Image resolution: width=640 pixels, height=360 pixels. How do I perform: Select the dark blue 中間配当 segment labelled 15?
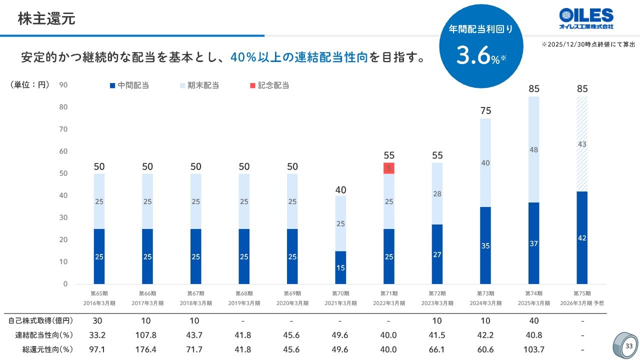(x=341, y=267)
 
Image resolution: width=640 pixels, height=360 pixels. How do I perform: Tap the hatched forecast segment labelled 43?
(x=582, y=144)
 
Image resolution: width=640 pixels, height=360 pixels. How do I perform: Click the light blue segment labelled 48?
(x=534, y=149)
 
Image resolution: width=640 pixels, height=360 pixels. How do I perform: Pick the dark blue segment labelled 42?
(x=582, y=237)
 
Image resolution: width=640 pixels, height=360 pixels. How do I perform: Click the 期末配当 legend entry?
(x=199, y=85)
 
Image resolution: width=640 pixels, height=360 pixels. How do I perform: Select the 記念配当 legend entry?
(x=269, y=85)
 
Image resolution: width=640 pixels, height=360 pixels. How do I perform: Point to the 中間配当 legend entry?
(x=129, y=85)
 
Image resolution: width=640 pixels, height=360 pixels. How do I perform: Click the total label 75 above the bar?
(x=485, y=111)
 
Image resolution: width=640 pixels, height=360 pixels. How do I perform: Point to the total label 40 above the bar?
(x=341, y=190)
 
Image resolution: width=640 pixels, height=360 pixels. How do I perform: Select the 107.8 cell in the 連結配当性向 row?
(x=147, y=335)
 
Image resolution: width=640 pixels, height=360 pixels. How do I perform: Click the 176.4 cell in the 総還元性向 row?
(x=147, y=349)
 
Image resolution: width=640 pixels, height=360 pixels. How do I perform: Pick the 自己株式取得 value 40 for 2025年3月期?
(x=534, y=321)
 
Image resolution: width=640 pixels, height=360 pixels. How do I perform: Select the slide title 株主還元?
(x=46, y=19)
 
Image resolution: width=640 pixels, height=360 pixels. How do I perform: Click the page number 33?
(x=628, y=346)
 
